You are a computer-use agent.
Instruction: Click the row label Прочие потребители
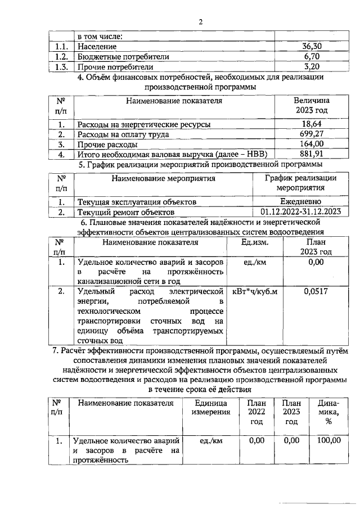pyautogui.click(x=109, y=67)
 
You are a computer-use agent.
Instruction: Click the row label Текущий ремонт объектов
pyautogui.click(x=125, y=212)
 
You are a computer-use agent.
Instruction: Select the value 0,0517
pyautogui.click(x=316, y=292)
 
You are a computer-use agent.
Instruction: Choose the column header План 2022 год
pyautogui.click(x=256, y=412)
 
